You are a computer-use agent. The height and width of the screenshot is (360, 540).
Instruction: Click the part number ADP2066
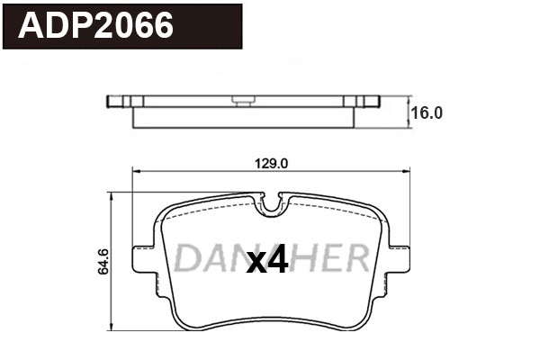click(x=96, y=26)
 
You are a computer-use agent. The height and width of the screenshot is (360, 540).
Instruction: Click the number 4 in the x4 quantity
click(x=277, y=261)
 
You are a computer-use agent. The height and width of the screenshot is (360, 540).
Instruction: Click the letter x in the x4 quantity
click(x=256, y=263)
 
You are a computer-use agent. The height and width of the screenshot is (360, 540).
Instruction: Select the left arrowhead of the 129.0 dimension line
click(x=137, y=172)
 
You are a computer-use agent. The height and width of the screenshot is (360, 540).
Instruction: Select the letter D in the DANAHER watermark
click(x=186, y=258)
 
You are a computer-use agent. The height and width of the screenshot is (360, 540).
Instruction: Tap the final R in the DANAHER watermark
click(x=356, y=258)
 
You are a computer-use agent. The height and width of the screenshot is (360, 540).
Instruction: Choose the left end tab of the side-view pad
click(x=116, y=101)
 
